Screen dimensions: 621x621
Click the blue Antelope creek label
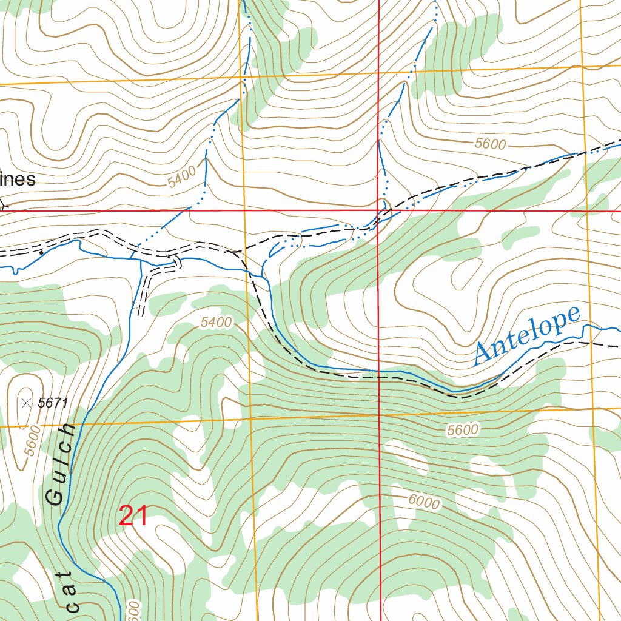pyautogui.click(x=526, y=335)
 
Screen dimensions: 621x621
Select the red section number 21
pyautogui.click(x=133, y=516)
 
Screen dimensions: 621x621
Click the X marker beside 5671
pyautogui.click(x=26, y=402)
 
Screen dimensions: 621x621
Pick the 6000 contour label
pyautogui.click(x=424, y=501)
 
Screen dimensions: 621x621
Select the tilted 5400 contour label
pyautogui.click(x=183, y=176)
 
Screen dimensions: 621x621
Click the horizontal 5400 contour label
pyautogui.click(x=216, y=323)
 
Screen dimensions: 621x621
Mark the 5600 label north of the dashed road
pyautogui.click(x=489, y=144)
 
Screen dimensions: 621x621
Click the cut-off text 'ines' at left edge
pyautogui.click(x=18, y=180)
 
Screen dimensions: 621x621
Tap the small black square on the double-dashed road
pyautogui.click(x=41, y=252)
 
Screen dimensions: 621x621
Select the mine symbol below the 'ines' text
pyautogui.click(x=2, y=205)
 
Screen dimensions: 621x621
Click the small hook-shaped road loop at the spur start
pyautogui.click(x=176, y=261)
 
